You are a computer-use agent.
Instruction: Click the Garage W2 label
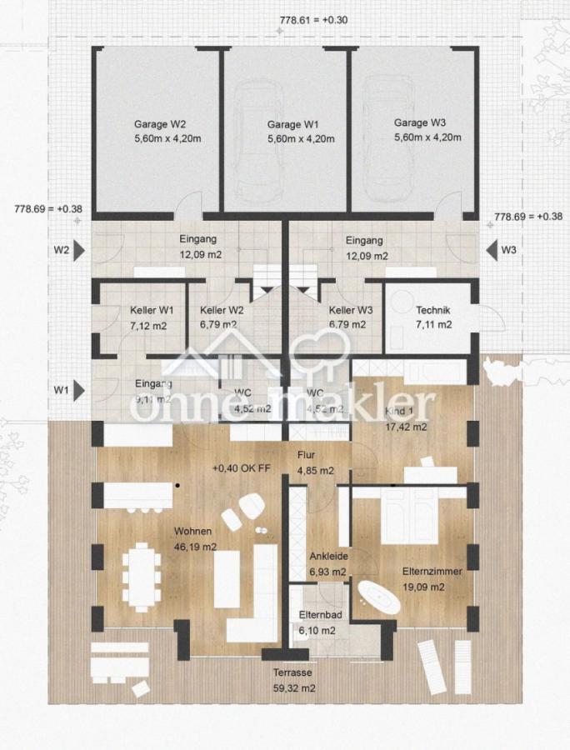[x=155, y=124]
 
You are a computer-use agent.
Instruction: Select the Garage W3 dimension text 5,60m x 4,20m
[x=427, y=137]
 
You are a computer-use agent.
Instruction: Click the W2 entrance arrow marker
[x=79, y=249]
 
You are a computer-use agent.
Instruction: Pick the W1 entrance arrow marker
[x=79, y=389]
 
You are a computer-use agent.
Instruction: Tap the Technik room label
[x=433, y=310]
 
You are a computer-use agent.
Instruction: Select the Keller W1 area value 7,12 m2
[x=148, y=325]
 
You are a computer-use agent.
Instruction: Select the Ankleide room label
[x=328, y=557]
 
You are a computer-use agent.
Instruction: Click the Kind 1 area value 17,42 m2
[x=405, y=427]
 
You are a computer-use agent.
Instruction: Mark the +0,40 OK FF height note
[x=242, y=468]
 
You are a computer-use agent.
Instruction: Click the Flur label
[x=307, y=456]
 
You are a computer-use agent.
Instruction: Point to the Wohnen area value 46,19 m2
[x=194, y=546]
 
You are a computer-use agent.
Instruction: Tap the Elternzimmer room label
[x=432, y=572]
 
